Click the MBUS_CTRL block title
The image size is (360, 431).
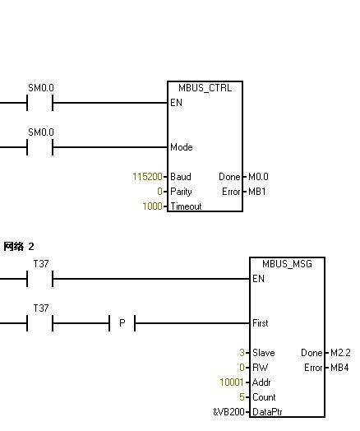pos(205,88)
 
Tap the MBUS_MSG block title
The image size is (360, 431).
pos(287,264)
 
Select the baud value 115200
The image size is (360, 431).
pos(147,177)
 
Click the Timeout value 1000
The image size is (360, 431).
pos(152,206)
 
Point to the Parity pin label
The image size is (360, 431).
pos(181,192)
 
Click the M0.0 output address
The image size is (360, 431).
pos(258,177)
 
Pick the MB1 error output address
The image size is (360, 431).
pos(257,192)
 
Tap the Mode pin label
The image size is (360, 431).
pos(182,147)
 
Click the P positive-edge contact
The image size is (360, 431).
pos(122,323)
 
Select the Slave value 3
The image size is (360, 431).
pos(242,353)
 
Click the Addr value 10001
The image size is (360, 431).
pos(232,382)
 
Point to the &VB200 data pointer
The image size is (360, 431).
pos(228,412)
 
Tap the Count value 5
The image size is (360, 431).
pos(242,397)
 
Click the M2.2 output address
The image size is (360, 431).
pos(340,353)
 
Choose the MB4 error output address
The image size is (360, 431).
pos(339,368)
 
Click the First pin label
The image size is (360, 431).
pos(260,323)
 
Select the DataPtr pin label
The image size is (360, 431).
pos(267,412)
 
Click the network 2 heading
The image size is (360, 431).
pos(19,247)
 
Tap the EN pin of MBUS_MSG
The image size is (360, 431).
pos(258,279)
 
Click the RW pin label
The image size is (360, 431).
pos(260,368)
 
